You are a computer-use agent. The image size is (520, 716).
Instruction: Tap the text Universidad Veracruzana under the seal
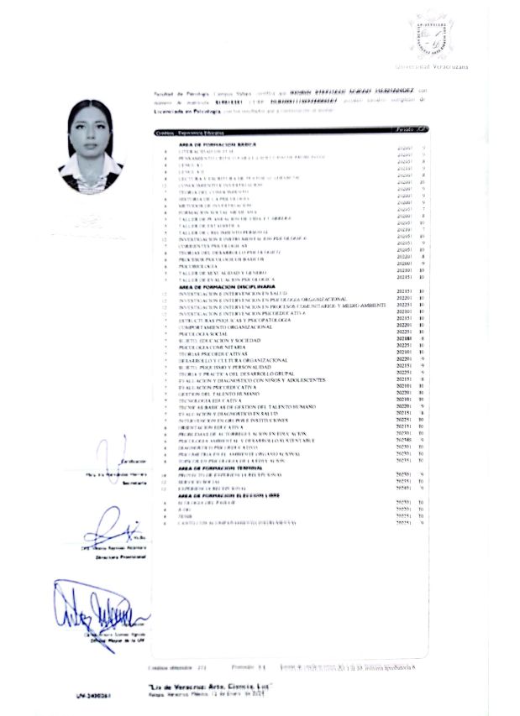[432, 66]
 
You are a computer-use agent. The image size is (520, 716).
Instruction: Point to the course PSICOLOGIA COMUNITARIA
[217, 346]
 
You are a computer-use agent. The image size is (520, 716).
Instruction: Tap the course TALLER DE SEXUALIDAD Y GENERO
[217, 273]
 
